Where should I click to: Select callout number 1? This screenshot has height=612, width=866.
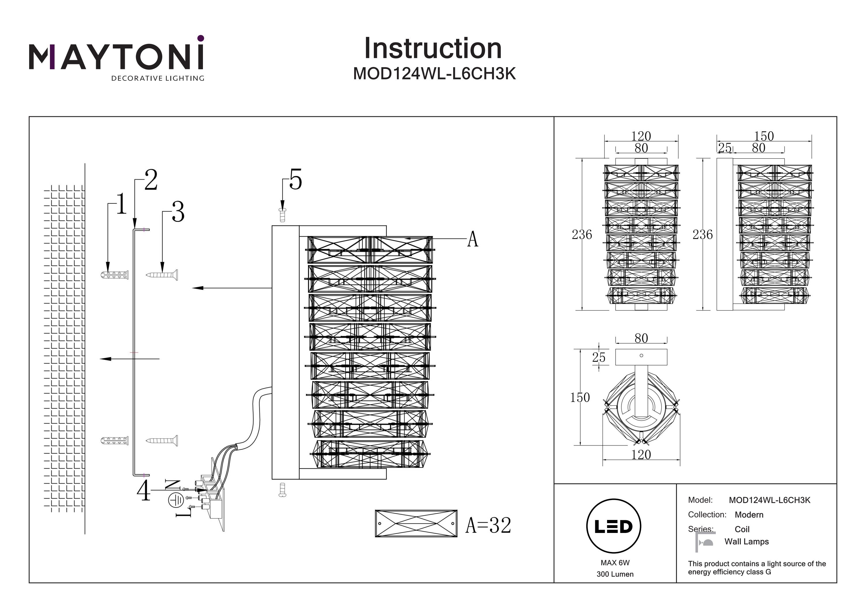click(x=121, y=204)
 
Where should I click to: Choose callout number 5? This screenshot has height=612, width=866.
click(x=295, y=180)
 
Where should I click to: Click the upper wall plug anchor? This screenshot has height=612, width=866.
click(x=115, y=274)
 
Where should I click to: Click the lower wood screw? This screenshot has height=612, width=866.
click(x=162, y=440)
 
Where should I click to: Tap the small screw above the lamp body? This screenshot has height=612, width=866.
click(x=282, y=215)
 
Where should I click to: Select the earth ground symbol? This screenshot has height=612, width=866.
click(x=176, y=500)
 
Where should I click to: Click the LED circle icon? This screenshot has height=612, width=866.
click(x=614, y=526)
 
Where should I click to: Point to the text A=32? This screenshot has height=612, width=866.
click(x=488, y=525)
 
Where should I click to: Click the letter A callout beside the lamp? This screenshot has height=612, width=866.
click(x=472, y=239)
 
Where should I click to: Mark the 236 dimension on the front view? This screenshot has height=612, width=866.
click(x=582, y=235)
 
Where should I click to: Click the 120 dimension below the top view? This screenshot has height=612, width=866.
click(x=641, y=454)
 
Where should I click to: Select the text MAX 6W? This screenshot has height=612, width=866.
click(x=615, y=563)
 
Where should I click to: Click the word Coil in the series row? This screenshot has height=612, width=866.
click(x=742, y=529)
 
